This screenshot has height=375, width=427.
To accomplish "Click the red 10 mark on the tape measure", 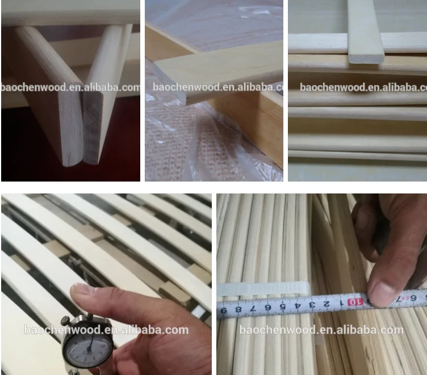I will (x=353, y=302).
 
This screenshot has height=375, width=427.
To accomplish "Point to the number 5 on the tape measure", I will (x=283, y=307).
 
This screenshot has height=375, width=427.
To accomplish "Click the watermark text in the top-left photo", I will (x=70, y=87).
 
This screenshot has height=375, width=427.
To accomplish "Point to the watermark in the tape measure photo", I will (x=321, y=330).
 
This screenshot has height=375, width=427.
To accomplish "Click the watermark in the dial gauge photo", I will (x=106, y=330).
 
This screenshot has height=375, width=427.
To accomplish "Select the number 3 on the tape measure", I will (x=311, y=305).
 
